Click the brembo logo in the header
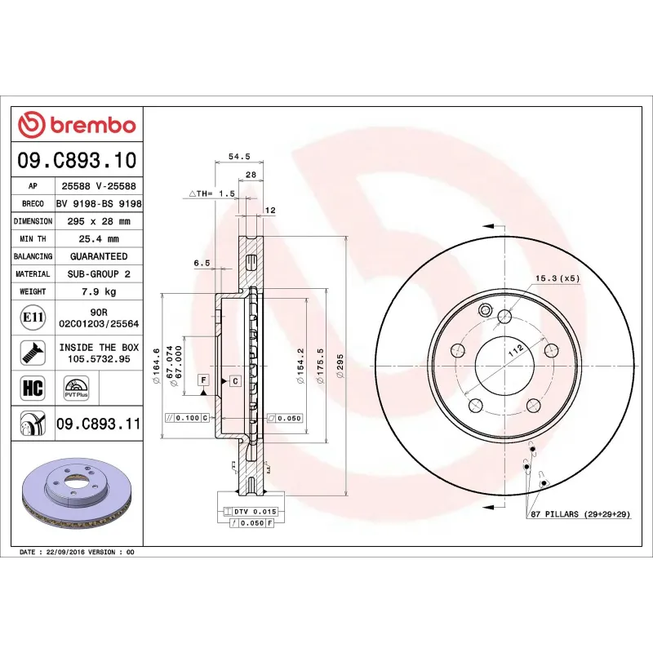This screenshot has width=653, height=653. pyautogui.click(x=77, y=125)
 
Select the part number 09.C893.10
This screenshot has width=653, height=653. pyautogui.click(x=77, y=160)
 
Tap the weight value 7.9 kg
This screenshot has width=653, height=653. pyautogui.click(x=99, y=291)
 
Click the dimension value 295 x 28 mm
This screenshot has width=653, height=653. pyautogui.click(x=99, y=221)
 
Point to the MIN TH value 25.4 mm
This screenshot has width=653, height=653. pyautogui.click(x=99, y=239)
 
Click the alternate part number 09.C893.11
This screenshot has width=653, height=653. pyautogui.click(x=99, y=424)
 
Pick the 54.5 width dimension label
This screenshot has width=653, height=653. pyautogui.click(x=238, y=156)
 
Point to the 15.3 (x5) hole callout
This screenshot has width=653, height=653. pyautogui.click(x=557, y=278)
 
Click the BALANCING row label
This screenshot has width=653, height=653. pyautogui.click(x=33, y=256)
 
